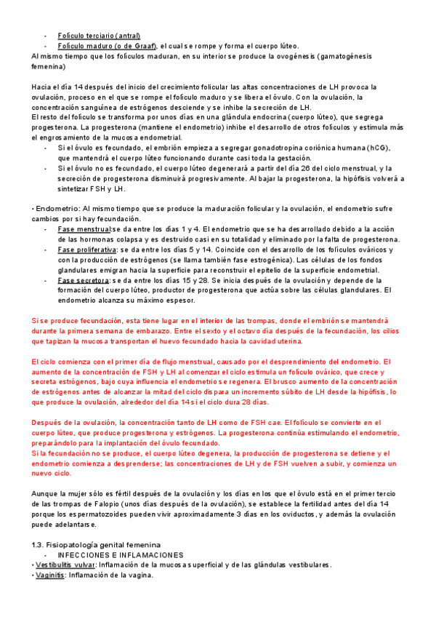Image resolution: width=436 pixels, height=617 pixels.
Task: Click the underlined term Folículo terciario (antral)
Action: coord(99,36)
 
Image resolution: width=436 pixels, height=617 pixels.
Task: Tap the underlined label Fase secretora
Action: coord(82,280)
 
